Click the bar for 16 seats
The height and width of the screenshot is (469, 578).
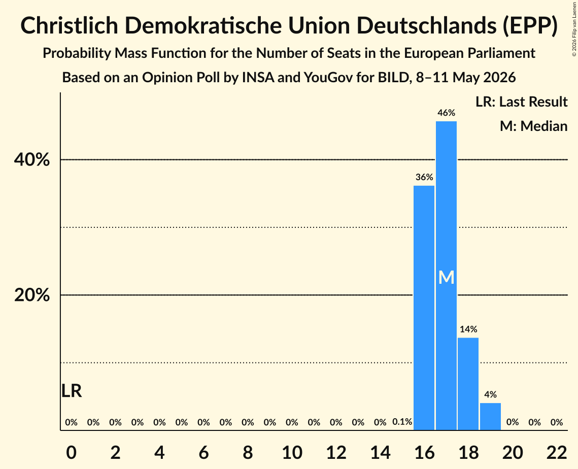(424, 308)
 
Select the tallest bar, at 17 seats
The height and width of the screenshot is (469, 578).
(446, 276)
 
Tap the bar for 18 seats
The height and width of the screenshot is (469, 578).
(468, 384)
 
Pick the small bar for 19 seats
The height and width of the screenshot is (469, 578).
(490, 417)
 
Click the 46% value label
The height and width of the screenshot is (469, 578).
(447, 113)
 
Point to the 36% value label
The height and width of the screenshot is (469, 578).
(424, 177)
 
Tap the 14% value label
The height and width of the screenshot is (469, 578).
(468, 329)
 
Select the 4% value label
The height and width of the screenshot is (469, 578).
(491, 394)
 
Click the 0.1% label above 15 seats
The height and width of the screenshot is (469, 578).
(402, 422)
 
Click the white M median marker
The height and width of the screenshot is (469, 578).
(447, 277)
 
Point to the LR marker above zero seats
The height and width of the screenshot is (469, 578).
(72, 391)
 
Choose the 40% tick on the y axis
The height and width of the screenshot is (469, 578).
(31, 160)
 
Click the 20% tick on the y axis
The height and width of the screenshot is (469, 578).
(31, 295)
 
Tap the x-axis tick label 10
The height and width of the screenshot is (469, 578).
(292, 452)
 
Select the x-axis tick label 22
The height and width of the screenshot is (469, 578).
(557, 452)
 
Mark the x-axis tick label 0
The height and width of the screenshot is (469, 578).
(72, 452)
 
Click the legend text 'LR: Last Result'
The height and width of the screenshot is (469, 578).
(522, 102)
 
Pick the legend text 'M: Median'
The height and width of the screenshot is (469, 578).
(534, 126)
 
